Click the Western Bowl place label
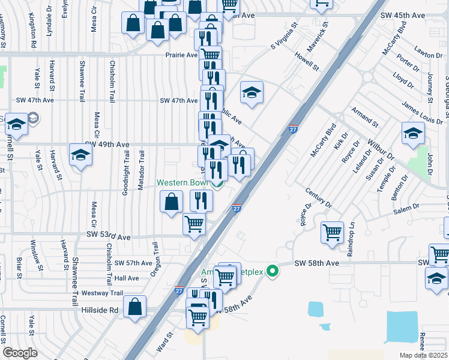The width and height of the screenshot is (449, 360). (182, 182)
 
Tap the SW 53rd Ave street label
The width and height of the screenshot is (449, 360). (107, 238)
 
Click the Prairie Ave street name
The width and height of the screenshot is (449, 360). (182, 55)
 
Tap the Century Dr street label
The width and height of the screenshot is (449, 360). (318, 197)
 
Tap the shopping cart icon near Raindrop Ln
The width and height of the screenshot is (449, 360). (333, 232)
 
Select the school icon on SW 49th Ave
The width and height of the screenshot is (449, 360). (80, 155)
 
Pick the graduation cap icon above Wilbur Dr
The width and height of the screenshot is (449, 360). (413, 133)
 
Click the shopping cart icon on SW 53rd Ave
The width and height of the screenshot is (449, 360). (194, 224)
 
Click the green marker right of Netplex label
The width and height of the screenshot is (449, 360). (273, 271)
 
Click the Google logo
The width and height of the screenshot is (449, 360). (20, 353)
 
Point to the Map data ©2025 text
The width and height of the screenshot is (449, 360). (424, 355)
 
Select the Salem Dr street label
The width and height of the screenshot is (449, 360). (407, 208)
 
